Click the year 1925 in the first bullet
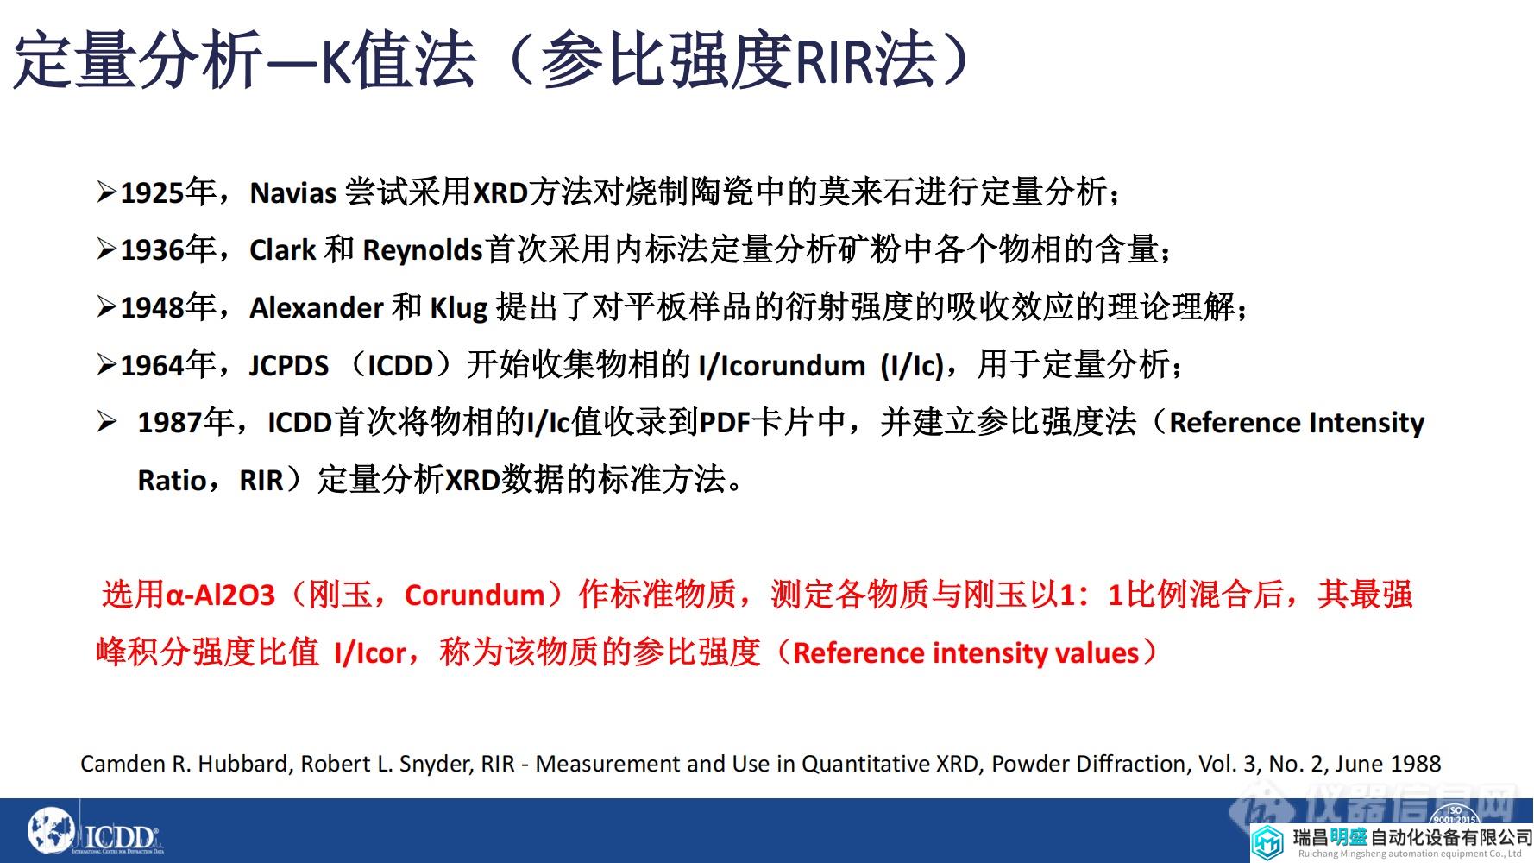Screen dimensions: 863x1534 tap(153, 192)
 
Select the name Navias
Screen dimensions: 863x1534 tap(292, 192)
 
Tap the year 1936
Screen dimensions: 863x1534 tap(153, 250)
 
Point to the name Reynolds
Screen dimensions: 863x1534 tap(422, 250)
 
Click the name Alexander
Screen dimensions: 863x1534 tap(316, 308)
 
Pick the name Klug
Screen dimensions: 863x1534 tap(458, 308)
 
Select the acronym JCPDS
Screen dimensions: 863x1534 tap(289, 366)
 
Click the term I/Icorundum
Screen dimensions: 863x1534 tap(782, 366)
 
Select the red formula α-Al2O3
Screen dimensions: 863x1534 tap(219, 595)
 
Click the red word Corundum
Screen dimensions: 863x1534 tap(475, 595)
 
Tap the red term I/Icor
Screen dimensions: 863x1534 tap(370, 653)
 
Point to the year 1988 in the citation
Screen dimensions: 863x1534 tap(1415, 764)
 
